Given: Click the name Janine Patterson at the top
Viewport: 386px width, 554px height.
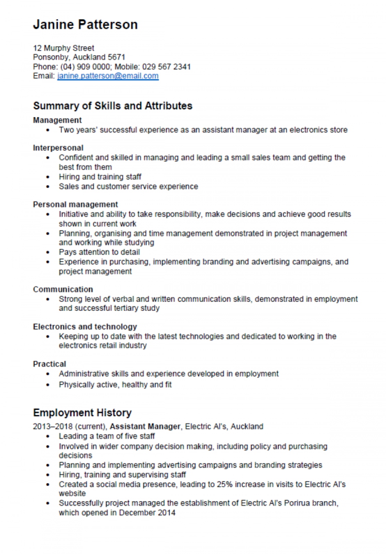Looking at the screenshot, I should [x=85, y=25].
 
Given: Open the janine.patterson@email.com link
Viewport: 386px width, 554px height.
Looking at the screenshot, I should [x=108, y=76].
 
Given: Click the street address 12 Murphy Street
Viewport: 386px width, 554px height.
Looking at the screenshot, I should [x=63, y=48].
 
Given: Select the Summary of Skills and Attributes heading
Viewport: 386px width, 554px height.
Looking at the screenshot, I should [x=113, y=106].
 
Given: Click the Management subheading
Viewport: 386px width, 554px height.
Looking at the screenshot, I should [x=57, y=121].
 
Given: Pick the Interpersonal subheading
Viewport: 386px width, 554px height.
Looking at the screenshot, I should [x=58, y=148].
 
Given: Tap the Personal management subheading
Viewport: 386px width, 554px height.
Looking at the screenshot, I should [x=75, y=204].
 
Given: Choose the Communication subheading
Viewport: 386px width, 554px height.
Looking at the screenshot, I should [x=63, y=289].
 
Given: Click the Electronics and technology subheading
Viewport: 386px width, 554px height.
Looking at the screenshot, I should [x=85, y=327].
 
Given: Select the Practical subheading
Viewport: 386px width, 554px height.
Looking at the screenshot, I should [x=49, y=364].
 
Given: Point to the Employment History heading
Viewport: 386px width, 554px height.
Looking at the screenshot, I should [x=82, y=413].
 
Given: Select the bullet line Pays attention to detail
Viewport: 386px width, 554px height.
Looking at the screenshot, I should [x=99, y=252].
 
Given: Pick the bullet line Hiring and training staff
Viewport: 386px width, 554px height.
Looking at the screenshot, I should [x=100, y=177].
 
